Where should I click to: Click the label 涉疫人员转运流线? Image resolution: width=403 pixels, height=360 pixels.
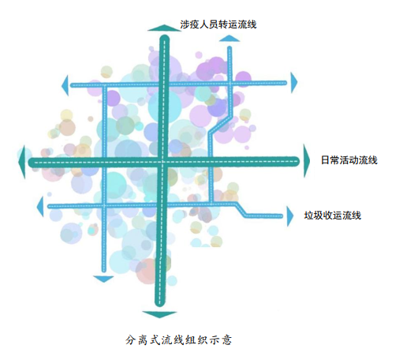(x=218, y=24)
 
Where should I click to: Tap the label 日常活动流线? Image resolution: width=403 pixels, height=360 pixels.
(x=349, y=160)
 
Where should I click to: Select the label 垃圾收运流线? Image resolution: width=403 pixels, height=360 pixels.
(x=333, y=216)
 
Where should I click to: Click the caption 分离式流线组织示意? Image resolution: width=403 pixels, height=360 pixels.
(x=178, y=339)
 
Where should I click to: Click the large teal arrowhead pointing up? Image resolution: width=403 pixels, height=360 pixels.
(x=165, y=28)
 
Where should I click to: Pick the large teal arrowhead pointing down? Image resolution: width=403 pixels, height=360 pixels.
(x=159, y=314)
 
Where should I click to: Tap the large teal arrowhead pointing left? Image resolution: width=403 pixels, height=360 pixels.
(x=22, y=162)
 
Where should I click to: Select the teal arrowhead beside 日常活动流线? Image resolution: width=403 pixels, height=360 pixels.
(x=307, y=160)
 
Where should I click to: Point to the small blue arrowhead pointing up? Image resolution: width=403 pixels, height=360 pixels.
(x=229, y=39)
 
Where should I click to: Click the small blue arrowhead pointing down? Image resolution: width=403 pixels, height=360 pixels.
(x=103, y=279)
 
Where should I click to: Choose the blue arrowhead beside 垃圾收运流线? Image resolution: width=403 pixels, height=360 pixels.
(x=290, y=216)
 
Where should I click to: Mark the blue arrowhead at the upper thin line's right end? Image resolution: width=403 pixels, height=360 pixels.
(x=294, y=83)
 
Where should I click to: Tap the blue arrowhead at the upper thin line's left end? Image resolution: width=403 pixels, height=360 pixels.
(x=65, y=85)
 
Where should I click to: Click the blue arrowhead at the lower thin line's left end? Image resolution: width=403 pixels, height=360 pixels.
(x=40, y=206)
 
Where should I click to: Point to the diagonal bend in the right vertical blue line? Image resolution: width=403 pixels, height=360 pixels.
(x=221, y=124)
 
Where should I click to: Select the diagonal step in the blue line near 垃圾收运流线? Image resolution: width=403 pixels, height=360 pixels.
(x=241, y=210)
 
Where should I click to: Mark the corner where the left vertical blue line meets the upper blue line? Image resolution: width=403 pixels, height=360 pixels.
(x=104, y=85)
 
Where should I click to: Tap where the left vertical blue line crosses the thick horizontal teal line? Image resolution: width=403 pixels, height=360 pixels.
(x=104, y=162)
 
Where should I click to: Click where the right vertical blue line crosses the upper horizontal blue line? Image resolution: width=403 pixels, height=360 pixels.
(x=229, y=83)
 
